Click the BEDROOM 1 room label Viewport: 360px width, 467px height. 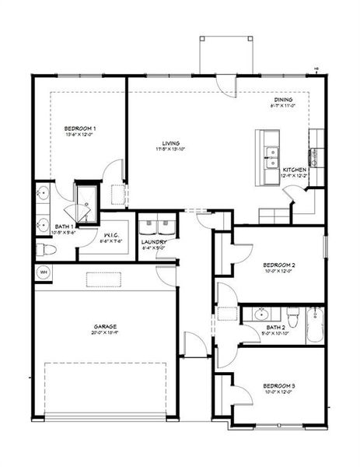point(80,128)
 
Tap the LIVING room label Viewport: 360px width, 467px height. point(172,143)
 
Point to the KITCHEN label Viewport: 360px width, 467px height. point(293,169)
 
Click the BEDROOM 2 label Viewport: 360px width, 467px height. point(278,265)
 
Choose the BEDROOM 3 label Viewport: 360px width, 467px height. point(278,386)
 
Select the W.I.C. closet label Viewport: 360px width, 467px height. point(110,234)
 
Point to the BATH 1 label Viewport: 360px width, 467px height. point(43,226)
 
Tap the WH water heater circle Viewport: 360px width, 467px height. point(43,272)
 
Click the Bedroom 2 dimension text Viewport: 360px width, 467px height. point(278,272)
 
